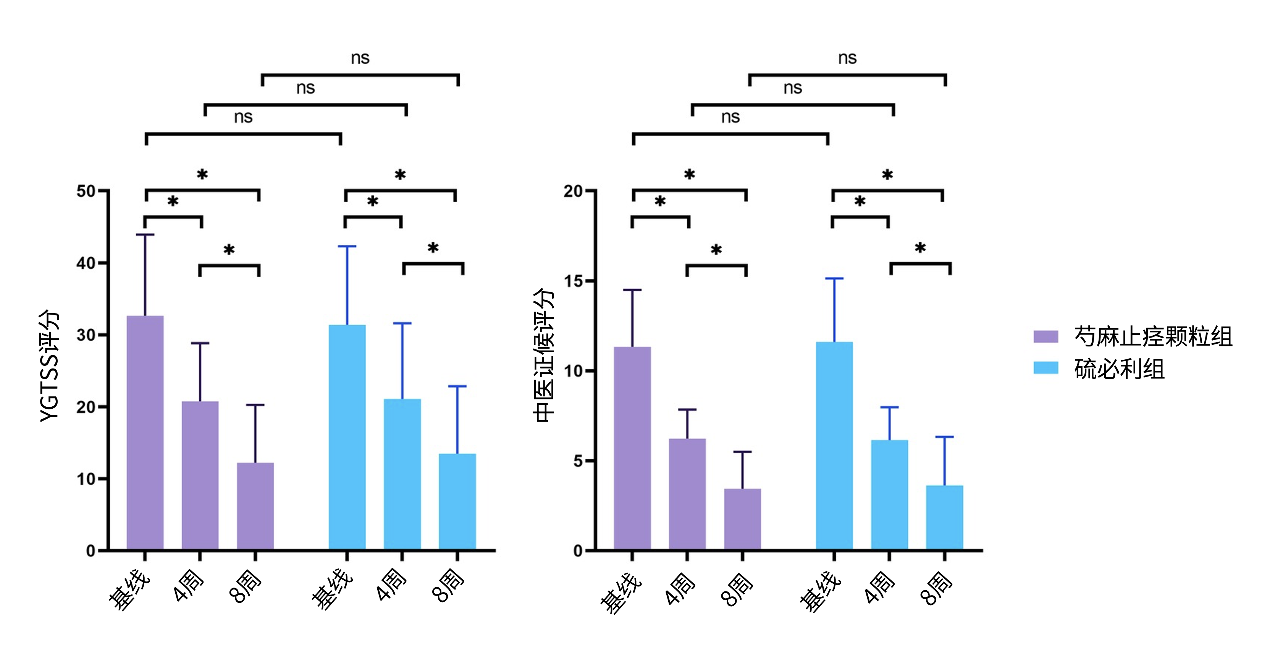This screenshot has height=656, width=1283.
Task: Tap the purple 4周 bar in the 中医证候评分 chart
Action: click(687, 494)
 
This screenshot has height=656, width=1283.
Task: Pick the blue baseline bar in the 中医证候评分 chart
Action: click(834, 446)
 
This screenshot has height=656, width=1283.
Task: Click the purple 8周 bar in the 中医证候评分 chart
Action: click(742, 519)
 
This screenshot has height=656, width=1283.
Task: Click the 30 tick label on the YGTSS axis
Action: click(86, 335)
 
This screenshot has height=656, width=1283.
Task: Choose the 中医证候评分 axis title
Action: click(543, 355)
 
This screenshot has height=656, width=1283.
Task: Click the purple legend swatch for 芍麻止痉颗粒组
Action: click(1045, 336)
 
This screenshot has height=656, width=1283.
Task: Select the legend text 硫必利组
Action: click(1119, 369)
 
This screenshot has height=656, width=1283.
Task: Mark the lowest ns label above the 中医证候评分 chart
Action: click(730, 117)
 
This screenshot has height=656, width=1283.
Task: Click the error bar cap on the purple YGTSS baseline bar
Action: click(145, 235)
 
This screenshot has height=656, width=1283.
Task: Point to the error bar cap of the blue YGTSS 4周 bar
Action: click(402, 323)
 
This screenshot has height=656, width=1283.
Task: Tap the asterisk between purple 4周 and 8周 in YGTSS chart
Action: click(229, 250)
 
